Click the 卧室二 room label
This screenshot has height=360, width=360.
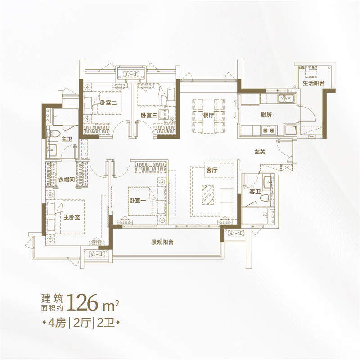pyautogui.click(x=108, y=103)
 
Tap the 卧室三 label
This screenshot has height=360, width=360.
pyautogui.click(x=149, y=115)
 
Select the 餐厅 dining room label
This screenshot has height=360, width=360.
pyautogui.click(x=208, y=115)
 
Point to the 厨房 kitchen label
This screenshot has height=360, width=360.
pyautogui.click(x=266, y=114)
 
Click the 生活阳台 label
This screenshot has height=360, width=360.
pyautogui.click(x=314, y=83)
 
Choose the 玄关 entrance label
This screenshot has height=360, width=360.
pyautogui.click(x=260, y=152)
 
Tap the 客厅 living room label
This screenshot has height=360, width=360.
pyautogui.click(x=211, y=170)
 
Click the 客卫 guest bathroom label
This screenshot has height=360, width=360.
pyautogui.click(x=255, y=192)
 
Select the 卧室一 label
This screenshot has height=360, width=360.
pyautogui.click(x=138, y=201)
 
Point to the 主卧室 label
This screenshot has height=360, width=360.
pyautogui.click(x=72, y=217)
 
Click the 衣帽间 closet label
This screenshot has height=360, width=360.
pyautogui.click(x=66, y=179)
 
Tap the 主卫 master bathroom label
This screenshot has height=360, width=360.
pyautogui.click(x=67, y=139)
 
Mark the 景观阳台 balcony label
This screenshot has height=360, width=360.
pyautogui.click(x=162, y=242)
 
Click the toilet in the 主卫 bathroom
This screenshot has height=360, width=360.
pyautogui.click(x=54, y=133)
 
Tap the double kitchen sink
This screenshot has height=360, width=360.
pyautogui.click(x=286, y=99)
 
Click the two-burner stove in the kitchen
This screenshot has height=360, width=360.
pyautogui.click(x=269, y=130)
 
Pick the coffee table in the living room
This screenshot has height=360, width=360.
pyautogui.click(x=207, y=195)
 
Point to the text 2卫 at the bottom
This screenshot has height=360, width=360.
pyautogui.click(x=106, y=323)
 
